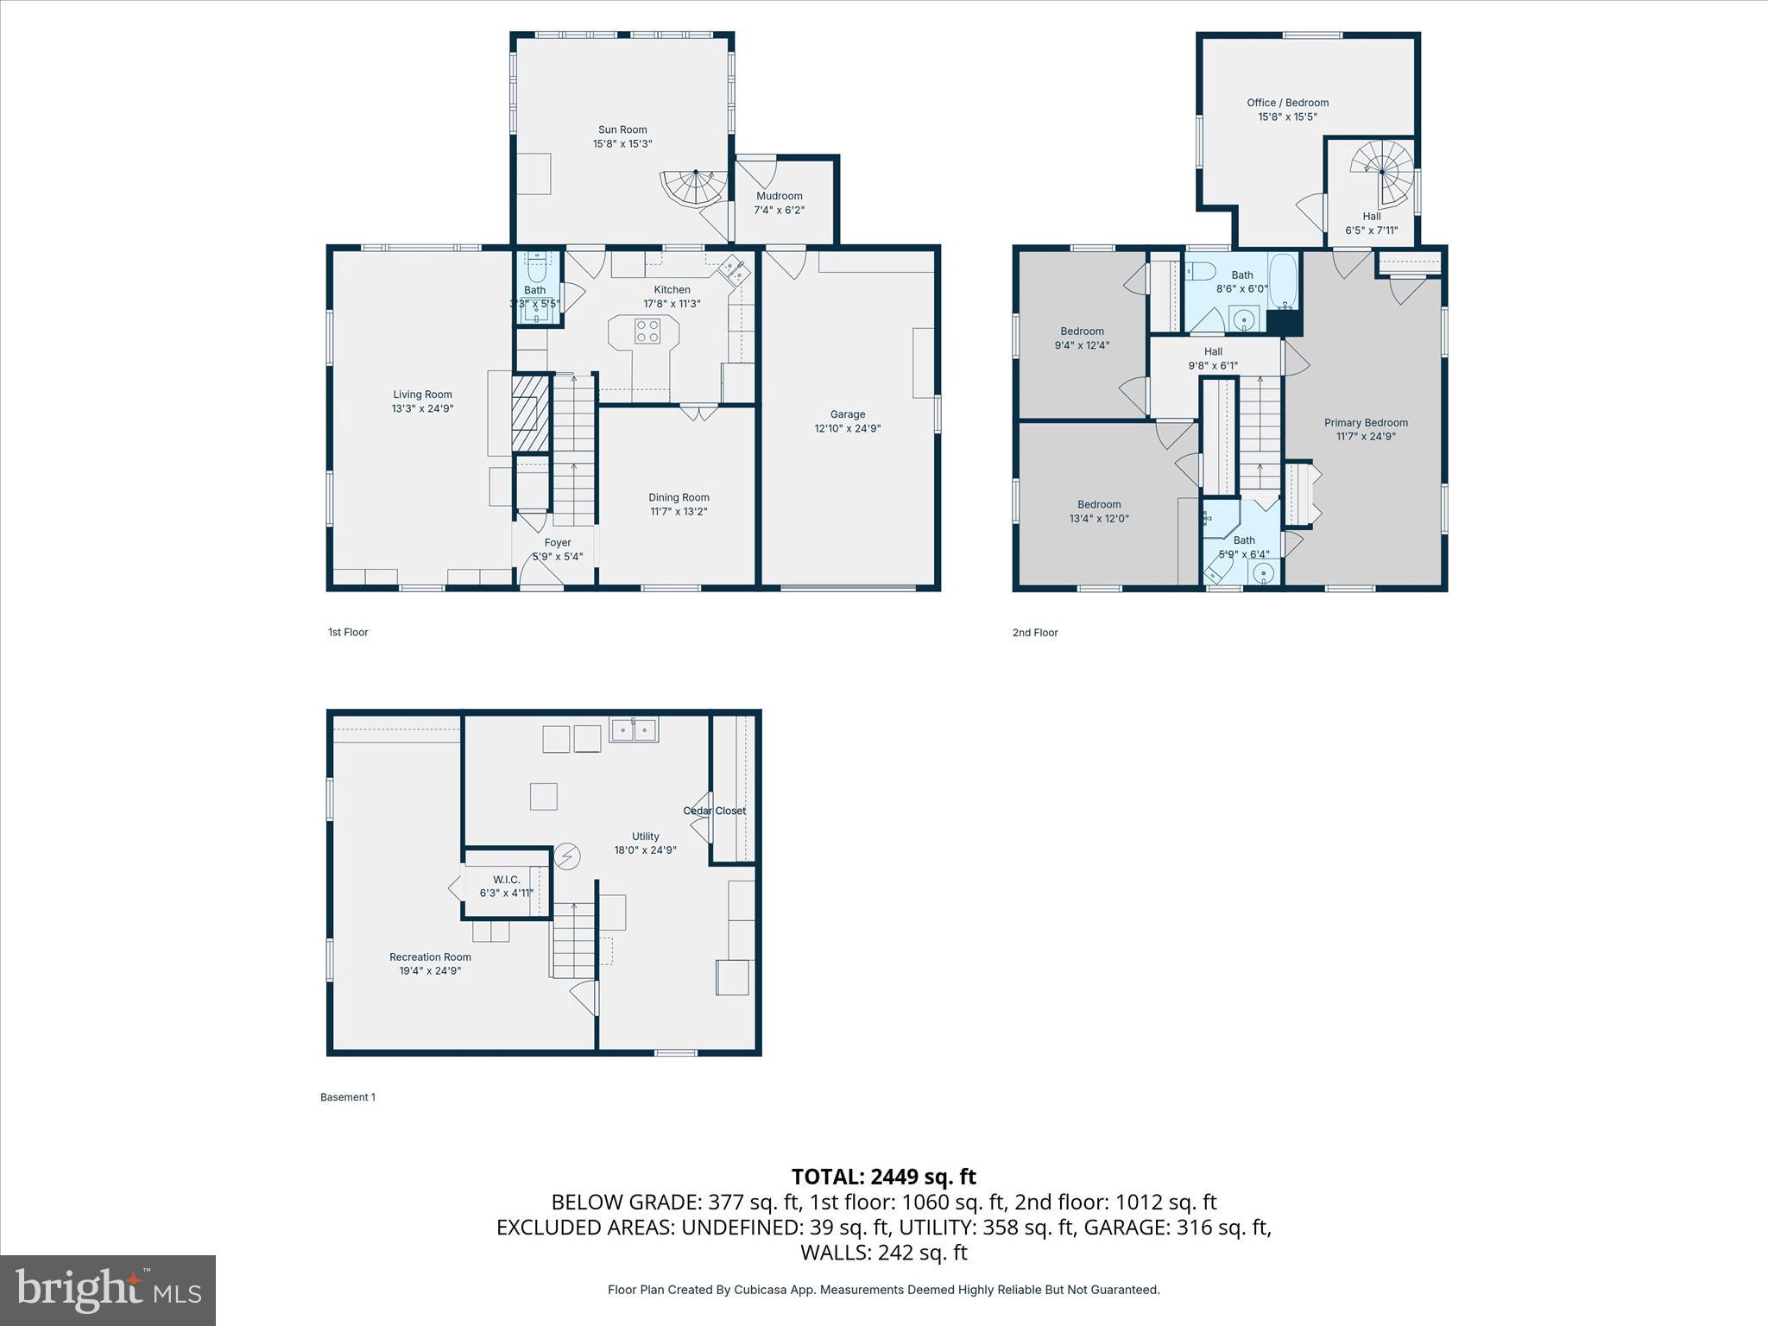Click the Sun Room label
622,129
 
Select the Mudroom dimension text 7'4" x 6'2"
779,210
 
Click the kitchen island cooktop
647,331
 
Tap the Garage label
847,414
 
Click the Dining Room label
679,497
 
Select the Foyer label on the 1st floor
558,543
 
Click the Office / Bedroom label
1287,103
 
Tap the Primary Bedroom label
1366,423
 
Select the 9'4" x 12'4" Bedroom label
1082,331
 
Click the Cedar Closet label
714,811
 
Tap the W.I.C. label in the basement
507,880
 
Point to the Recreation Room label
430,957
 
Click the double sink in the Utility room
634,730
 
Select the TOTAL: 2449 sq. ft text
883,1177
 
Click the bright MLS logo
108,1291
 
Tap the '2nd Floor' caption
1035,633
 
